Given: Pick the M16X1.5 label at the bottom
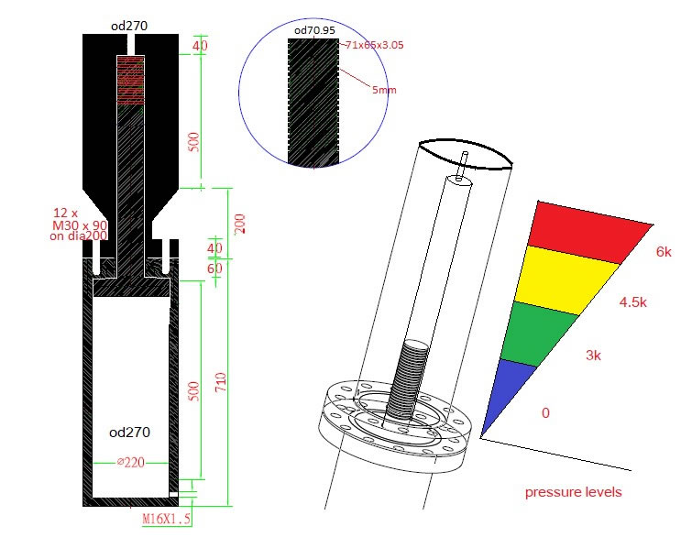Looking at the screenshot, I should [x=166, y=519].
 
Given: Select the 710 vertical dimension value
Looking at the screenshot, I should [x=221, y=383].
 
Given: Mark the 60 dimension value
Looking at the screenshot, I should [x=215, y=268].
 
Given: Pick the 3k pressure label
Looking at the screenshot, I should [x=598, y=355].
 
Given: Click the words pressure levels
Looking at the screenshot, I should [x=573, y=492].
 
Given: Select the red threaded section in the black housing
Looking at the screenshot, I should [x=131, y=80].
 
